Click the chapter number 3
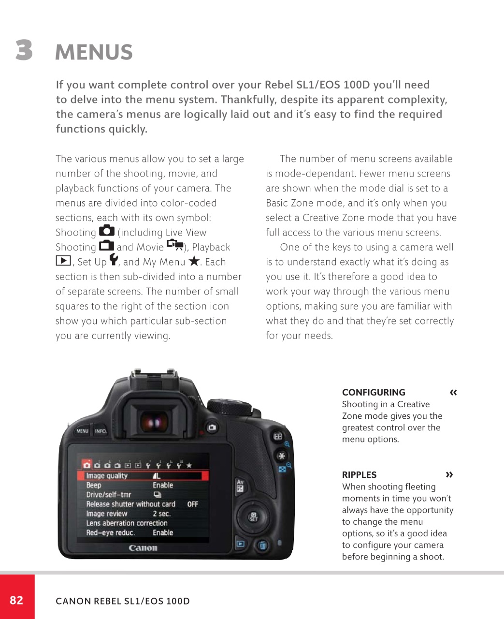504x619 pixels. (x=24, y=50)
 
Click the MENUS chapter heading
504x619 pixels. (x=94, y=52)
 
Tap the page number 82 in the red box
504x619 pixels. (x=16, y=600)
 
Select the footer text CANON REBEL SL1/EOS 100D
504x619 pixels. (x=123, y=601)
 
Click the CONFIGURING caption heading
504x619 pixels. (x=374, y=392)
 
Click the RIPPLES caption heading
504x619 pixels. (x=359, y=475)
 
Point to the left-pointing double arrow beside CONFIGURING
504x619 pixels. (x=453, y=392)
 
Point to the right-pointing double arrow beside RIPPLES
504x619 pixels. (x=449, y=474)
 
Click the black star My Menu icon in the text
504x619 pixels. (x=194, y=261)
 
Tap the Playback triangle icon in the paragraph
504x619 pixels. (x=63, y=261)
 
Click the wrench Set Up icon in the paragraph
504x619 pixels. (x=114, y=260)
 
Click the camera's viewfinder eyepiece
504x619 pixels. (x=154, y=422)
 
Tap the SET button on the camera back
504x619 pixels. (x=253, y=517)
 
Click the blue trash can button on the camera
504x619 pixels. (x=262, y=545)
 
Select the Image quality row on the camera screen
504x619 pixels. (x=143, y=476)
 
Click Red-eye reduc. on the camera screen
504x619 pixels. (x=110, y=532)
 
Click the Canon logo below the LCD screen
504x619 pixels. (x=143, y=548)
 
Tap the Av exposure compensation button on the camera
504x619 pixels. (x=240, y=486)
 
